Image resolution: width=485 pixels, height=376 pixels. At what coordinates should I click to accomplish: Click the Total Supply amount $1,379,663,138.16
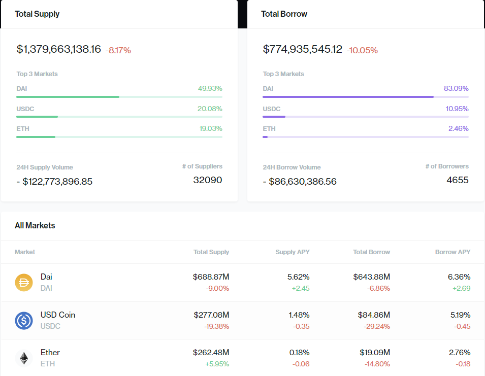pos(59,49)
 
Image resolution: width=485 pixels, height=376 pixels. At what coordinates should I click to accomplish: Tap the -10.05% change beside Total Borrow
pos(362,50)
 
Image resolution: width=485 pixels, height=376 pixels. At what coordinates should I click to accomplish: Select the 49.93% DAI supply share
pos(210,88)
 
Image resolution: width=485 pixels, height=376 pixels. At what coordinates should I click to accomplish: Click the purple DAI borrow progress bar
pos(348,96)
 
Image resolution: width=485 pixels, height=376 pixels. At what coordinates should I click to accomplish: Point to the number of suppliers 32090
pos(208,180)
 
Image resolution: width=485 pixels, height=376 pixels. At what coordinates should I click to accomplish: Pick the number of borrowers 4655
pos(458,180)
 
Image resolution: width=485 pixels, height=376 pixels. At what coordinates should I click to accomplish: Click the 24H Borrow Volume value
pos(300,181)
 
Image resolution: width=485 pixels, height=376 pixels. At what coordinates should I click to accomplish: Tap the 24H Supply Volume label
pos(45,167)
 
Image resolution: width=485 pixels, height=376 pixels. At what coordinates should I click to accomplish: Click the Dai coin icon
pos(24,282)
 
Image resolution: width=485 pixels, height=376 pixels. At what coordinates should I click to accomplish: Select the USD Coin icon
pos(24,320)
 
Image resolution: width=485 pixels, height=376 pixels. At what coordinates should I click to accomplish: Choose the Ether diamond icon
pos(24,358)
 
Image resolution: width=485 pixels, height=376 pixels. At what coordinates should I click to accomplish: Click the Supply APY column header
pos(292,252)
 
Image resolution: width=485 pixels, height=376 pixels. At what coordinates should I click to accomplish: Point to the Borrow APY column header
pos(452,252)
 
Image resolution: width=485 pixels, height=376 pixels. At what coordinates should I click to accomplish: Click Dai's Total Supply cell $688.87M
pos(211,277)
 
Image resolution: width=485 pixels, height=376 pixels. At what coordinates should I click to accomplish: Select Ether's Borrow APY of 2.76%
pos(460,352)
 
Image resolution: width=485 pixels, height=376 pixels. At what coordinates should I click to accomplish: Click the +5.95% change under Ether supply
pos(217,364)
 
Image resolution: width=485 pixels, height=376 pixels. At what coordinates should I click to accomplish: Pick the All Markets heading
pos(35,225)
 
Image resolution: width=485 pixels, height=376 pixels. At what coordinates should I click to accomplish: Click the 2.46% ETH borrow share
pos(458,128)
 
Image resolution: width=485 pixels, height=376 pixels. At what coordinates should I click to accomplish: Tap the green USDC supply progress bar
pos(37,116)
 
